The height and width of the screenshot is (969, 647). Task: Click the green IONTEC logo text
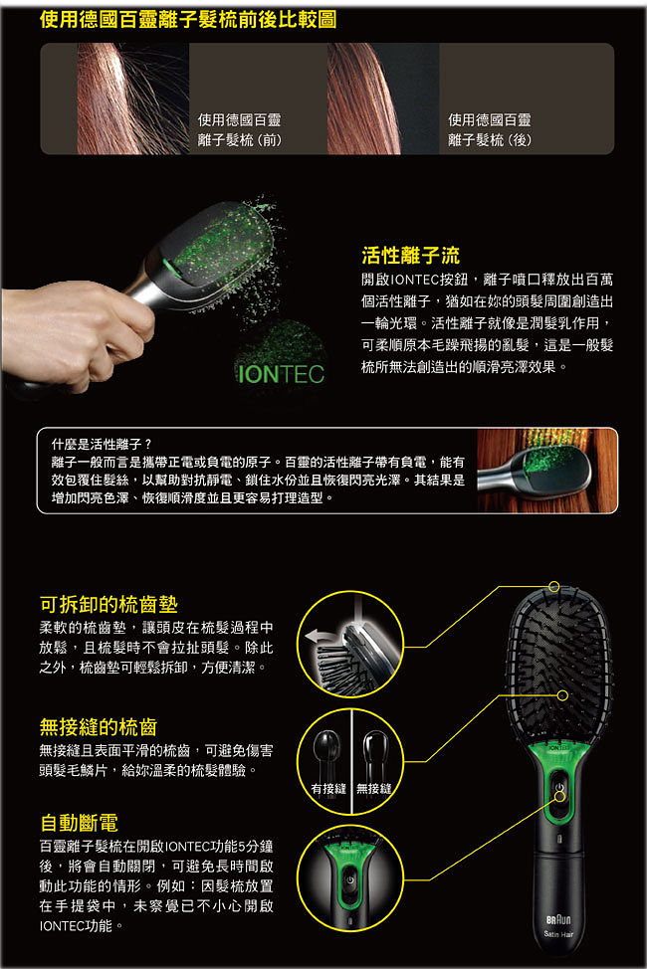click(x=281, y=374)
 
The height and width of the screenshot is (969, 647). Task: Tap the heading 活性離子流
click(x=411, y=255)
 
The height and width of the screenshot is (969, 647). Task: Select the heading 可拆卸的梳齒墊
click(x=108, y=604)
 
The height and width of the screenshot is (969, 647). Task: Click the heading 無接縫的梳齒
click(x=99, y=726)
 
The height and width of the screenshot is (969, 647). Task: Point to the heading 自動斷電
click(x=80, y=823)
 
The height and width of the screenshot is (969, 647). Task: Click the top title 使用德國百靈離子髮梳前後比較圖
click(x=188, y=19)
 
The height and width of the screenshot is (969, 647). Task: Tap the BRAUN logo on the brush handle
click(x=558, y=919)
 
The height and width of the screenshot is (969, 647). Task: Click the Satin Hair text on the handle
click(x=558, y=934)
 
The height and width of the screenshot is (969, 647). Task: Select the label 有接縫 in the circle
click(x=328, y=789)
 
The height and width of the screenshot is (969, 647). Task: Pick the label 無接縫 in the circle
click(x=373, y=789)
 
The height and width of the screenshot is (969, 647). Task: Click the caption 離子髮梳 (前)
click(x=240, y=140)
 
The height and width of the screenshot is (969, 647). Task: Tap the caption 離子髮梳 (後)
click(x=490, y=140)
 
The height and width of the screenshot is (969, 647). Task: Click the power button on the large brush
click(x=559, y=787)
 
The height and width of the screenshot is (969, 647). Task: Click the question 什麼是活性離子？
click(x=102, y=444)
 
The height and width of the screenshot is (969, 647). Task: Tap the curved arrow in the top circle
click(x=323, y=637)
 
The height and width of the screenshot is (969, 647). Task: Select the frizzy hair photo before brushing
click(x=133, y=98)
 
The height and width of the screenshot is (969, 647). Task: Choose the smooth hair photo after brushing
click(x=383, y=98)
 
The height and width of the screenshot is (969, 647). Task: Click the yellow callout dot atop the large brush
click(x=554, y=586)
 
